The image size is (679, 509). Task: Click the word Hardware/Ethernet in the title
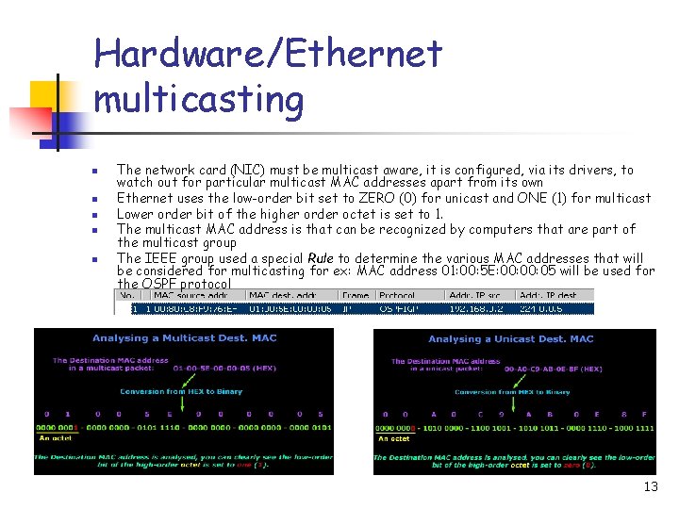[x=268, y=55]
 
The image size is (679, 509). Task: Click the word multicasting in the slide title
[x=200, y=99]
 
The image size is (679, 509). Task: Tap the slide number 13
[x=650, y=486]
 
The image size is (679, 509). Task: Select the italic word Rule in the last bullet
[x=321, y=257]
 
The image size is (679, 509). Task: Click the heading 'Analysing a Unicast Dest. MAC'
[x=510, y=339]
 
